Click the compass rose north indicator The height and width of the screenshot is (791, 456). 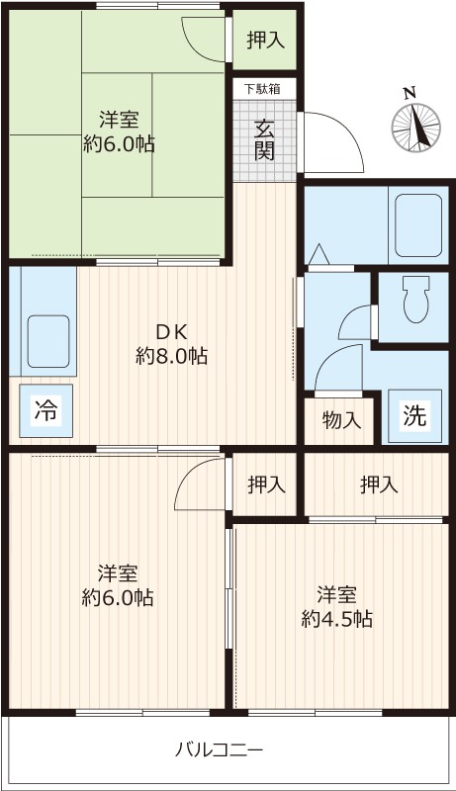pyautogui.click(x=416, y=128)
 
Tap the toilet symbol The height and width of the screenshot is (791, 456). pyautogui.click(x=415, y=300)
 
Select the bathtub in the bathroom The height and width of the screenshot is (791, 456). pyautogui.click(x=418, y=225)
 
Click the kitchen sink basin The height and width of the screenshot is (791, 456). pyautogui.click(x=48, y=341)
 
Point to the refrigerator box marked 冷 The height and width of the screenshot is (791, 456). pyautogui.click(x=46, y=410)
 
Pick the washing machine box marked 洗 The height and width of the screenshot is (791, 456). pyautogui.click(x=414, y=416)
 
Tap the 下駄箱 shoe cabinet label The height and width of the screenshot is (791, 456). pyautogui.click(x=262, y=89)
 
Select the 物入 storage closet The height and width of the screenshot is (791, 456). pyautogui.click(x=339, y=421)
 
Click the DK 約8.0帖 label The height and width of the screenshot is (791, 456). pyautogui.click(x=171, y=344)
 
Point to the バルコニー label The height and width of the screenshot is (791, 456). pyautogui.click(x=219, y=749)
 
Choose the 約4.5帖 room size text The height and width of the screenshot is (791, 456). pyautogui.click(x=337, y=619)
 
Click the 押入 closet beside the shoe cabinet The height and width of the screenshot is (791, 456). pyautogui.click(x=264, y=41)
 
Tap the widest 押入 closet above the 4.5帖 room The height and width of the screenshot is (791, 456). pyautogui.click(x=376, y=484)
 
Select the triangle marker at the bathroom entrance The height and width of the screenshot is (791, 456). pyautogui.click(x=319, y=255)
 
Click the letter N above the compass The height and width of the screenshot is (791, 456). pyautogui.click(x=410, y=93)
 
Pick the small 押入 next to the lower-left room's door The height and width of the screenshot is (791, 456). pyautogui.click(x=265, y=484)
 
